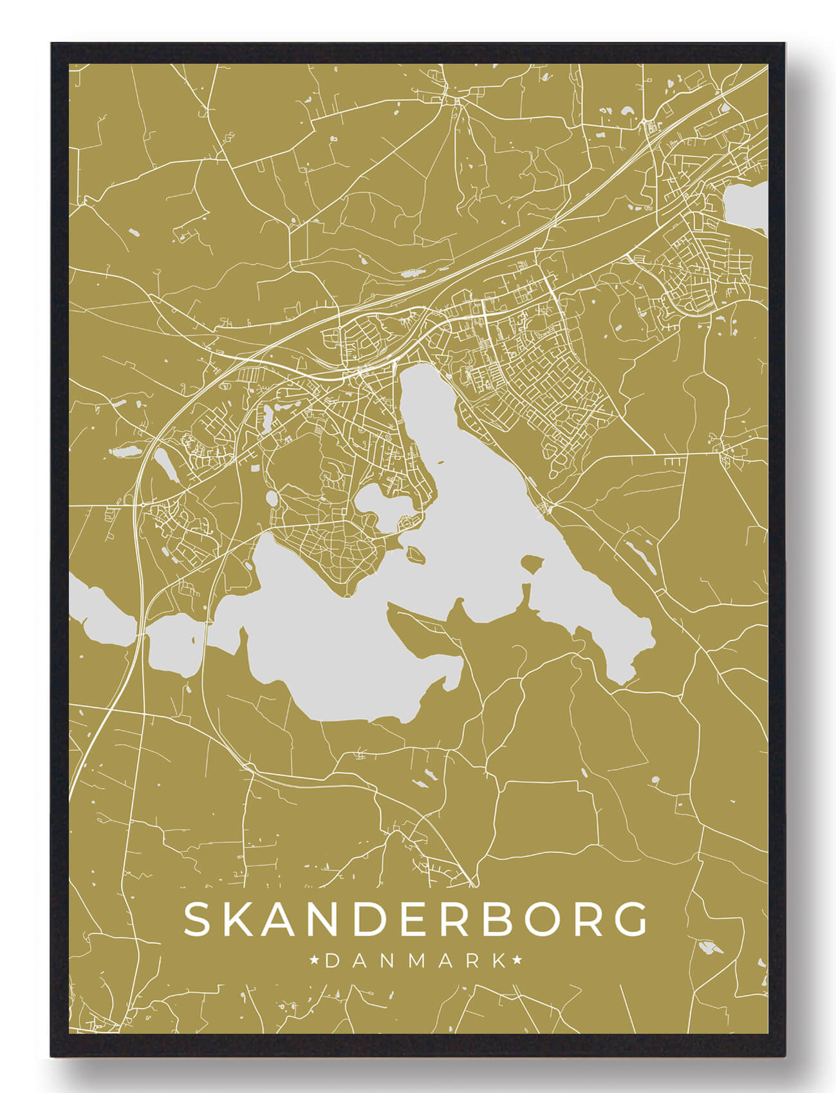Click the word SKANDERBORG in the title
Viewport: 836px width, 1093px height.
pos(416,919)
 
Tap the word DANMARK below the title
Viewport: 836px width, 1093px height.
pos(416,961)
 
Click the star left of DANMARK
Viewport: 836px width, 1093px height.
pos(315,961)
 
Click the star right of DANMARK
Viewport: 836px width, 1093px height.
pos(517,961)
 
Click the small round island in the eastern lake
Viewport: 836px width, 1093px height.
pos(532,565)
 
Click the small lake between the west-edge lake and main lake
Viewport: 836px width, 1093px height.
pos(172,644)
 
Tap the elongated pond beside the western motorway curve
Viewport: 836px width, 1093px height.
pos(165,464)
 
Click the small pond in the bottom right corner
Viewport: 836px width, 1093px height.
pos(707,947)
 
